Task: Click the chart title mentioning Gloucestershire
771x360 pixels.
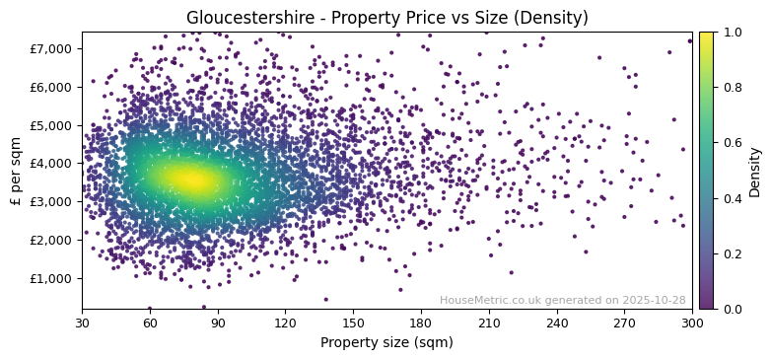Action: coord(386,18)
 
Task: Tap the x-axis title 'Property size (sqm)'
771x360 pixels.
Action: coord(386,343)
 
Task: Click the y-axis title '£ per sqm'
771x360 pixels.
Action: coord(17,170)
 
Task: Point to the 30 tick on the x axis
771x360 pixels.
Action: coord(82,323)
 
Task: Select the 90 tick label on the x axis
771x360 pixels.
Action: coord(218,323)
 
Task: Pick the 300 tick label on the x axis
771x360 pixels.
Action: coord(692,323)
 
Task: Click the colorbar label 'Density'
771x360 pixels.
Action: coord(755,171)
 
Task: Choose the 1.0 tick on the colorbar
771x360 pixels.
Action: coord(731,32)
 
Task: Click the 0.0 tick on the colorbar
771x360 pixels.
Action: coord(731,309)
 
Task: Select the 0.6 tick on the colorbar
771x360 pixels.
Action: coord(731,143)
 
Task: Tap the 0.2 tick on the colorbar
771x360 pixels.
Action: coord(731,253)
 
